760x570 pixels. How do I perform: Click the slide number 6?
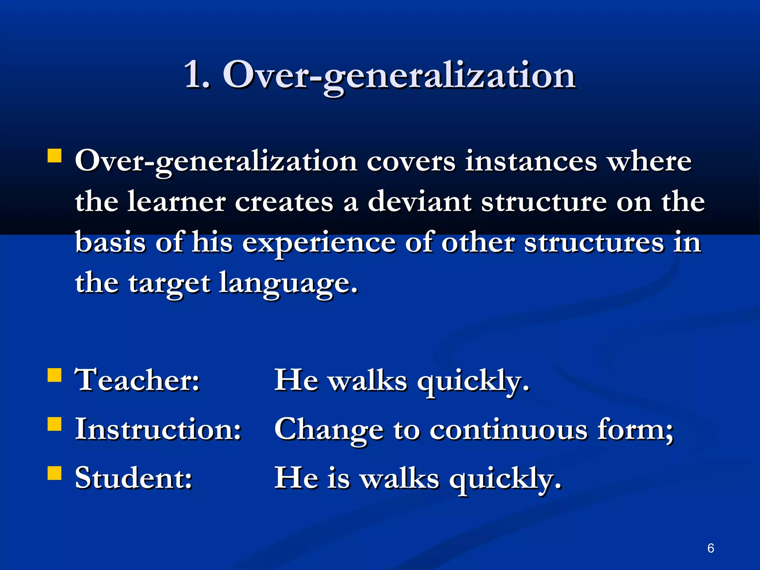711,548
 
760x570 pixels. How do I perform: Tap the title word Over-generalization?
399,76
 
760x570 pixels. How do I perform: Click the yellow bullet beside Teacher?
55,375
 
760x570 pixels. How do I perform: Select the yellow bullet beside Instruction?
55,424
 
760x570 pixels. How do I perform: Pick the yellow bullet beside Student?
55,473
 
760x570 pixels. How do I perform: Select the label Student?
134,478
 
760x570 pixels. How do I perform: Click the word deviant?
419,202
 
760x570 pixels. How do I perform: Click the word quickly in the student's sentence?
505,480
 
